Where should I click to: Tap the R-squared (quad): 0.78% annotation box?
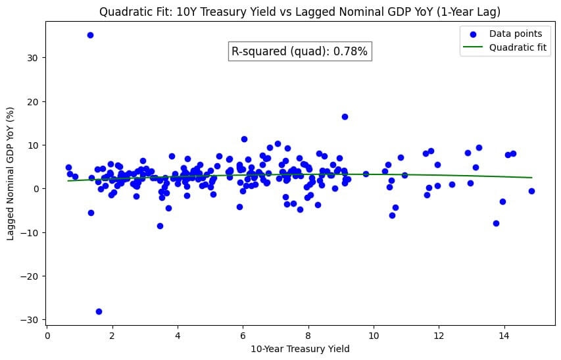(x=299, y=51)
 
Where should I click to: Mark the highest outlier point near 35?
(x=90, y=35)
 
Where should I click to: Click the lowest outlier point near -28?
(x=99, y=311)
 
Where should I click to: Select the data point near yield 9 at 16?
(x=345, y=116)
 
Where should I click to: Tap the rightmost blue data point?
(x=531, y=191)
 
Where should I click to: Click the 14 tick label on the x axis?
(x=504, y=334)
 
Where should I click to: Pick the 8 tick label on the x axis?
(x=308, y=334)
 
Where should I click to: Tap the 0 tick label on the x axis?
(x=47, y=334)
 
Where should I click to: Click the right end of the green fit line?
(x=531, y=178)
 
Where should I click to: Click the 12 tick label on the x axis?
(x=439, y=334)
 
